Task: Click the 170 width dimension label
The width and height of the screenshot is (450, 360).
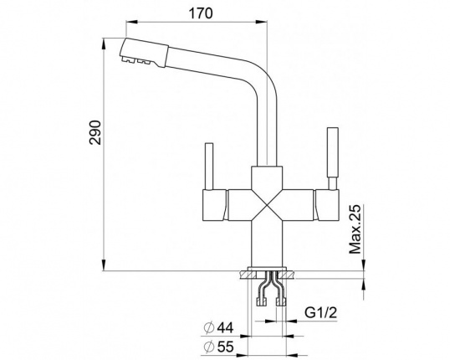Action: [201, 13]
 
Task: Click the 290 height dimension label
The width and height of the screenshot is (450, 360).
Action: [95, 133]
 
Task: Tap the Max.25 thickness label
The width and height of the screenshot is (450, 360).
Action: [355, 229]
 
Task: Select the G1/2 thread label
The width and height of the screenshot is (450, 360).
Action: [320, 312]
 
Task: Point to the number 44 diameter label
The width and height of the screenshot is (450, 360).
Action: [225, 327]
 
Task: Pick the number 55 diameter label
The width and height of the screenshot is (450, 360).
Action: [225, 347]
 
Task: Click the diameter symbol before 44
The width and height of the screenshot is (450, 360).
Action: [209, 327]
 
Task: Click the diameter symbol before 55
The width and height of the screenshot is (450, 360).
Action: [209, 347]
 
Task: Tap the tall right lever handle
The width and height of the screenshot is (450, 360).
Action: [333, 158]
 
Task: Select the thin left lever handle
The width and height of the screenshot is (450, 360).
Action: [208, 166]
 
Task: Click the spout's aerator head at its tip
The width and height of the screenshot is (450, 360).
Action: [143, 53]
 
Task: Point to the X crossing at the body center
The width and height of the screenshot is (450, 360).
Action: [267, 205]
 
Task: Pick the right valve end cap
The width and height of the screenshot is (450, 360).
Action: [326, 205]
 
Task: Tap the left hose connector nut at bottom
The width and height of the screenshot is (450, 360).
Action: [261, 302]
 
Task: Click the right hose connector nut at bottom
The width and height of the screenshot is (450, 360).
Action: [281, 302]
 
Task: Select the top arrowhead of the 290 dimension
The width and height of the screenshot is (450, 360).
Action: [104, 43]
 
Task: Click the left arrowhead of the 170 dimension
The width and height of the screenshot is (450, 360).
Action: [131, 21]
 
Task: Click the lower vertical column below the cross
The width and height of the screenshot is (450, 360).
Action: [267, 244]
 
